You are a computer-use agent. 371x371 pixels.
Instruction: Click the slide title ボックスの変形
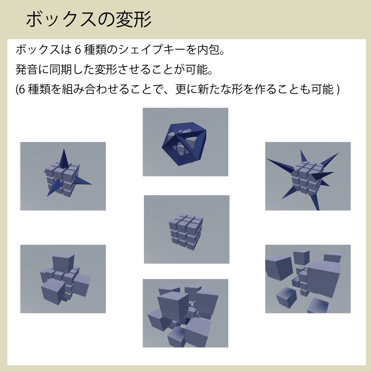coord(89,20)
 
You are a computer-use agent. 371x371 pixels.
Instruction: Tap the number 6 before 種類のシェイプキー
coord(77,50)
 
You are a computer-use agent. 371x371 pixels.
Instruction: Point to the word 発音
coord(26,69)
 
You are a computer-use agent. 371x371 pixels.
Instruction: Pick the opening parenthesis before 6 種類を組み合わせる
coord(17,89)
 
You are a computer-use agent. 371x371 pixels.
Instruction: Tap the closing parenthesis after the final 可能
coord(338,89)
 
